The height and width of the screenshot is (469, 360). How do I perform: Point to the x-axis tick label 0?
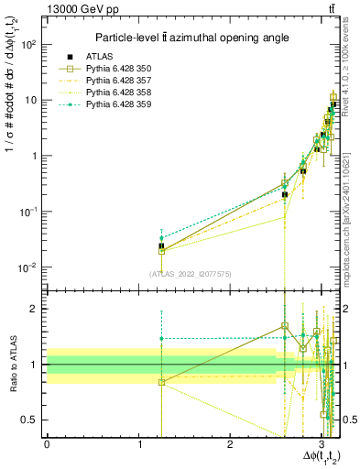click(x=47, y=444)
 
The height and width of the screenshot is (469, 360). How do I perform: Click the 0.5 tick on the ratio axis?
click(x=32, y=420)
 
